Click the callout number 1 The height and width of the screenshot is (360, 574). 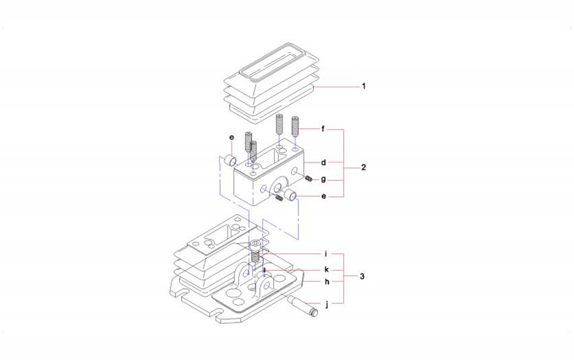[x=363, y=86]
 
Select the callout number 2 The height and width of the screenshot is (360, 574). [x=363, y=167]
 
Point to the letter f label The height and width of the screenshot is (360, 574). [x=324, y=130]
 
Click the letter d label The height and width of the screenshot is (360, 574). [x=324, y=163]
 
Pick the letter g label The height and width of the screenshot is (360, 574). [x=324, y=179]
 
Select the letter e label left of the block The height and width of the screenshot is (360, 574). [x=231, y=136]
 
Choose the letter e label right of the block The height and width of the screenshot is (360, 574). [x=324, y=196]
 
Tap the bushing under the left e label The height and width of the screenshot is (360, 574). [x=230, y=161]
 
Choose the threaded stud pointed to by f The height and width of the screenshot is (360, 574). [x=296, y=127]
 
